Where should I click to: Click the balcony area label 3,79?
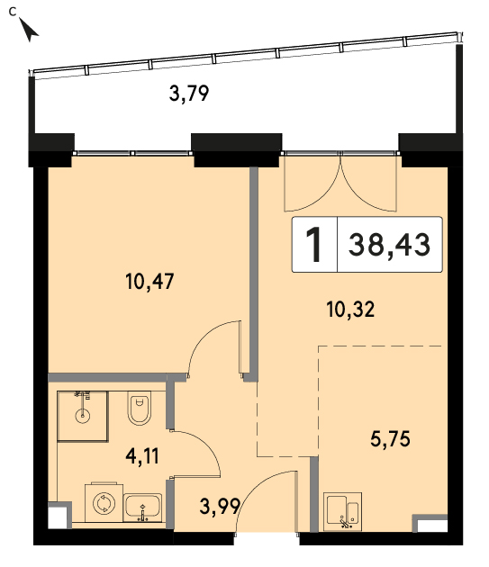[x=189, y=94]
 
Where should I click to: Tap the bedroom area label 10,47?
[x=149, y=281]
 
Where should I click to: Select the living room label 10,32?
[x=350, y=310]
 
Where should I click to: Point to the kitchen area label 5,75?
[x=390, y=439]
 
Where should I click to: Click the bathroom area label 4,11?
[x=142, y=455]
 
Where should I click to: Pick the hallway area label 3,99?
[x=220, y=506]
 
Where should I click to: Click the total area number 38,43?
[x=389, y=245]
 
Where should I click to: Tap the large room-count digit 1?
[x=314, y=245]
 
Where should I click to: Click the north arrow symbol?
[x=29, y=30]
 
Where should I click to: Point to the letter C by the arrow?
[x=13, y=12]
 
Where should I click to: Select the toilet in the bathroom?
[x=140, y=408]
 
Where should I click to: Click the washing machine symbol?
[x=104, y=502]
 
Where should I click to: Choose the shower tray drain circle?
[x=83, y=416]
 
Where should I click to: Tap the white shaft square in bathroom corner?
[x=58, y=517]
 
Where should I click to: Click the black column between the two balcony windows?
[x=236, y=149]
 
